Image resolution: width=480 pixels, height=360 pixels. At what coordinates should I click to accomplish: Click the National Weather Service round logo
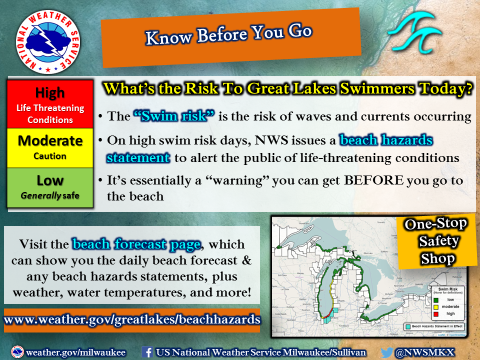pyautogui.click(x=48, y=41)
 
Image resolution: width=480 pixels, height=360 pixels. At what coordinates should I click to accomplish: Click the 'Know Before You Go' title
pyautogui.click(x=229, y=34)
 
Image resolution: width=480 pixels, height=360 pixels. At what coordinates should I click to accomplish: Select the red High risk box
pyautogui.click(x=50, y=104)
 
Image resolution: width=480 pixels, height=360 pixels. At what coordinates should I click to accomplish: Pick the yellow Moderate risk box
pyautogui.click(x=50, y=147)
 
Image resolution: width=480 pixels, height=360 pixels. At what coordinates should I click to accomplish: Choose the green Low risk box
pyautogui.click(x=50, y=187)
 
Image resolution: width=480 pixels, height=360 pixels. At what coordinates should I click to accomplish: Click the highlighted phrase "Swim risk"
pyautogui.click(x=174, y=116)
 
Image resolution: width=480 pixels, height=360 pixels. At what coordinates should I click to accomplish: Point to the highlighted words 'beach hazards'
pyautogui.click(x=386, y=140)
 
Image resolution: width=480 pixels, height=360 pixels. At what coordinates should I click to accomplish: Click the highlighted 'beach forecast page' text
pyautogui.click(x=136, y=244)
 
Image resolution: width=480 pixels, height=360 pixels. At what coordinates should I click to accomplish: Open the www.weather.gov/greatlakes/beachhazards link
pyautogui.click(x=132, y=319)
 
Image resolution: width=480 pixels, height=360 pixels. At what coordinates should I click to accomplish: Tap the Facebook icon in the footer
pyautogui.click(x=147, y=351)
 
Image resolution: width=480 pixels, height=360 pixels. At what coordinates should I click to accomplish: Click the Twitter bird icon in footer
pyautogui.click(x=386, y=352)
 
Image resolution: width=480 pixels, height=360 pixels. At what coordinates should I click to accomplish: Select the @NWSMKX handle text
pyautogui.click(x=425, y=352)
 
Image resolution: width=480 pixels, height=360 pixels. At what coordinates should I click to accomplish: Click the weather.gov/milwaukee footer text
pyautogui.click(x=75, y=352)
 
